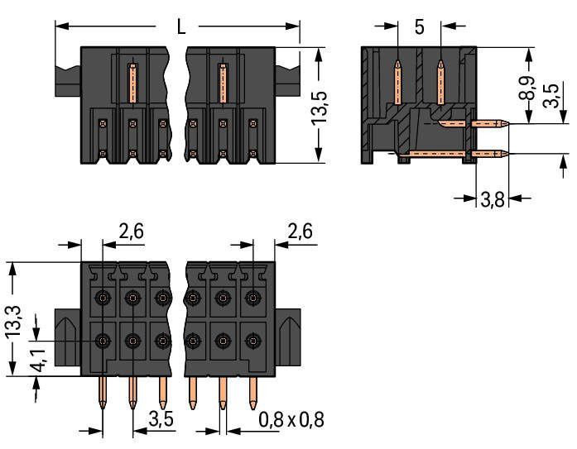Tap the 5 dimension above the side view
point(419,26)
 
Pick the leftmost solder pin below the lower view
point(103,393)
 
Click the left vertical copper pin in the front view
point(130,81)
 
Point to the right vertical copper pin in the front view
point(221,81)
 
